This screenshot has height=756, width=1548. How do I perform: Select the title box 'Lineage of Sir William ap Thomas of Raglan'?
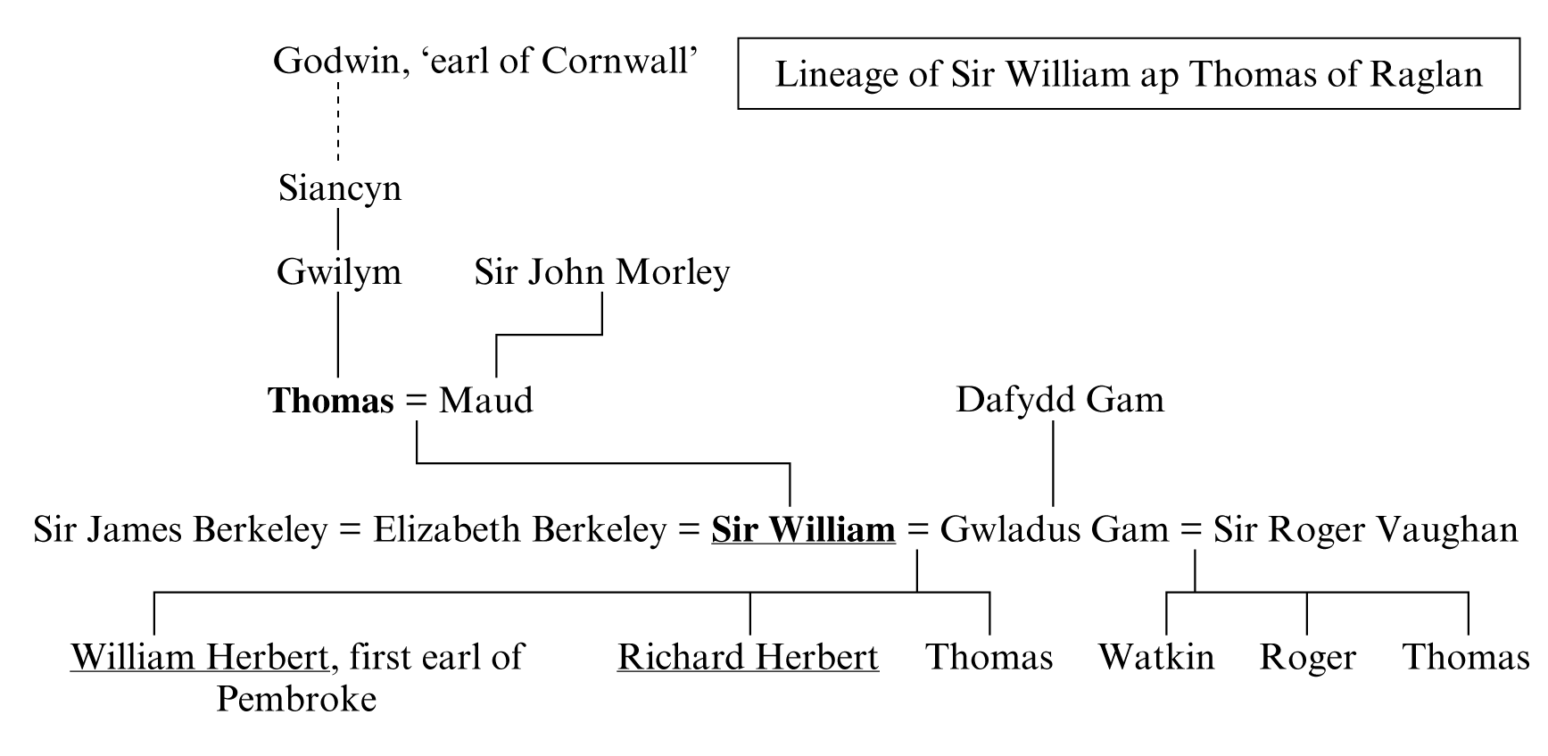[1128, 73]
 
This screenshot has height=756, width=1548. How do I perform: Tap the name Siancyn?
[339, 188]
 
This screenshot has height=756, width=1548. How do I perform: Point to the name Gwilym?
[339, 272]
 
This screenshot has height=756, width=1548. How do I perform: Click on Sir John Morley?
[601, 272]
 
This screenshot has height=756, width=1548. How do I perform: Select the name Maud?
[485, 401]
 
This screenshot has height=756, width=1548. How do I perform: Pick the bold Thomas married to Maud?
[331, 401]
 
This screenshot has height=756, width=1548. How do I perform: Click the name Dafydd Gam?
[1059, 400]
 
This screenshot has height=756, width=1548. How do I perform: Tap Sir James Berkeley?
[179, 530]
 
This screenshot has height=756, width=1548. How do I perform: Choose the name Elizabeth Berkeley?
[519, 530]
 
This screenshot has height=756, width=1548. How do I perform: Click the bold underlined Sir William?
[803, 530]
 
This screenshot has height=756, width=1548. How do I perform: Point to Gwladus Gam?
[1054, 530]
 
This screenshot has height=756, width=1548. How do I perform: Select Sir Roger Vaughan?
[1364, 530]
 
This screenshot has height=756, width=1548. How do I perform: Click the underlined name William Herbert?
[200, 658]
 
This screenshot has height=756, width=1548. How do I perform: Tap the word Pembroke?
[296, 699]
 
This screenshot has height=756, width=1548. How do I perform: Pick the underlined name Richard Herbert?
[748, 658]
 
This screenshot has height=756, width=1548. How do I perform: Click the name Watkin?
[1155, 658]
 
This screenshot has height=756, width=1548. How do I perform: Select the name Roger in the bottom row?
[1307, 658]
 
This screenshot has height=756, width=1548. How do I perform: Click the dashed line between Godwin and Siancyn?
[338, 121]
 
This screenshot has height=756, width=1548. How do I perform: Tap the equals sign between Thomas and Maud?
[416, 401]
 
